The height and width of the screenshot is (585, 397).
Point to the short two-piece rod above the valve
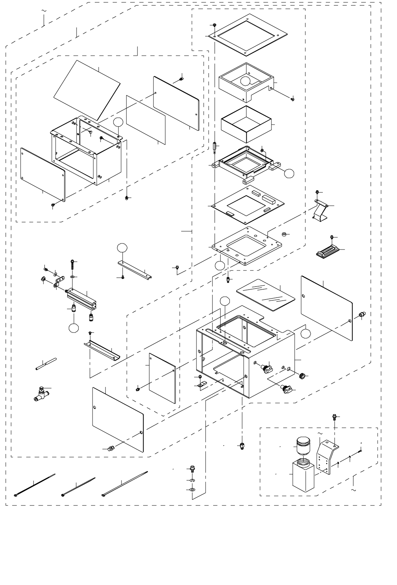pos(46,364)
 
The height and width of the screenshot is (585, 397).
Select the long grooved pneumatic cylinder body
pos(83,298)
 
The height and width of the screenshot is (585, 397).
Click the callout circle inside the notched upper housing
pos(246,81)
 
